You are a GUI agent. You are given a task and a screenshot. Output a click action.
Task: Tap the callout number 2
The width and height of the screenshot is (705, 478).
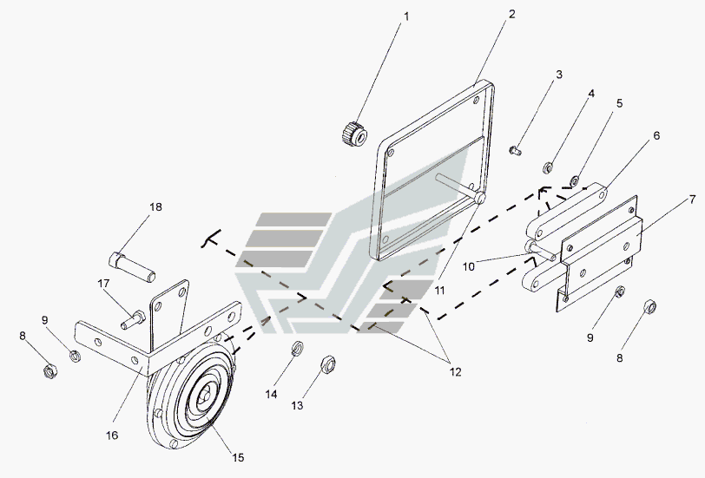(x=511, y=15)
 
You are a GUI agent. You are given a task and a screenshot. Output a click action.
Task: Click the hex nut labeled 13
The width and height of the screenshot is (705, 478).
(x=328, y=363)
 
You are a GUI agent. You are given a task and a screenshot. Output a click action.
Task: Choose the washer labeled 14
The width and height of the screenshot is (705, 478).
(x=296, y=350)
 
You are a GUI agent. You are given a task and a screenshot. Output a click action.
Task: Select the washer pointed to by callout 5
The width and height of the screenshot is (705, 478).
(x=575, y=182)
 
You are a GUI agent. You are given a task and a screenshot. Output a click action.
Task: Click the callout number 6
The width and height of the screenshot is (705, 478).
(x=656, y=135)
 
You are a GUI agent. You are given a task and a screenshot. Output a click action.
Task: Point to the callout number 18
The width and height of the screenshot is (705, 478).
(x=155, y=206)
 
